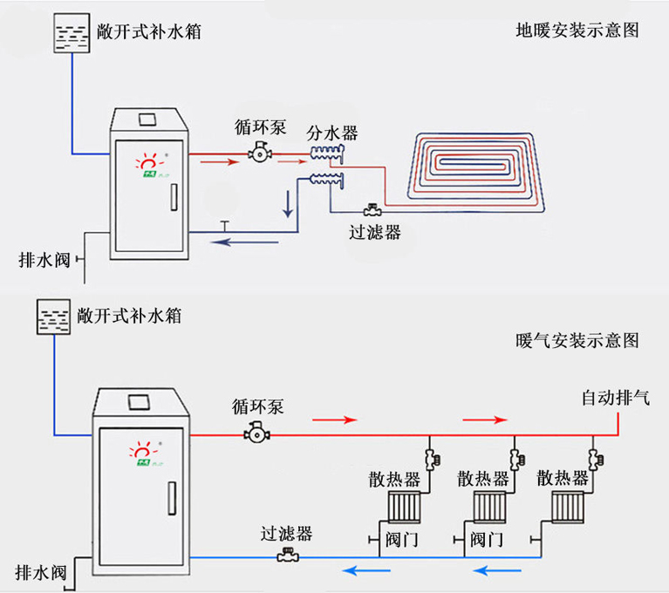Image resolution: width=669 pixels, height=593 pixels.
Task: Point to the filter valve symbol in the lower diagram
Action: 286,556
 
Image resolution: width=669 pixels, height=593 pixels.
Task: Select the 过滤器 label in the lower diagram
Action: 285,533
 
